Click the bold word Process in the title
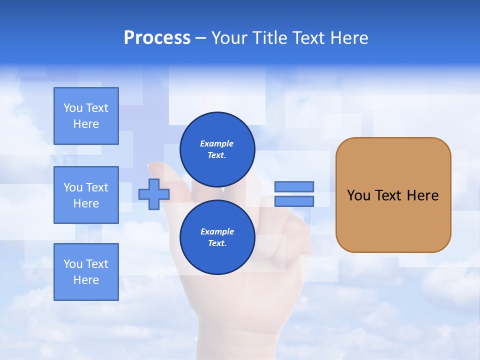click(157, 38)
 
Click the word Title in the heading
click(269, 38)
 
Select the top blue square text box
click(86, 116)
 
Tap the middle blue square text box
click(86, 195)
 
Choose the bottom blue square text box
click(86, 272)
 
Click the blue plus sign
click(154, 194)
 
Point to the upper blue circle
click(217, 149)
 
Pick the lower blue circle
click(217, 237)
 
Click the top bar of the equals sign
click(294, 186)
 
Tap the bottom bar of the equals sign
click(294, 201)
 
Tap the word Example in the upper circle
click(217, 144)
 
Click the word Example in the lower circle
click(217, 232)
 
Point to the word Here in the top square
click(86, 124)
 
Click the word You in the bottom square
click(73, 264)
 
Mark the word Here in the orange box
click(423, 195)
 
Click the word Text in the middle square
click(97, 187)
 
